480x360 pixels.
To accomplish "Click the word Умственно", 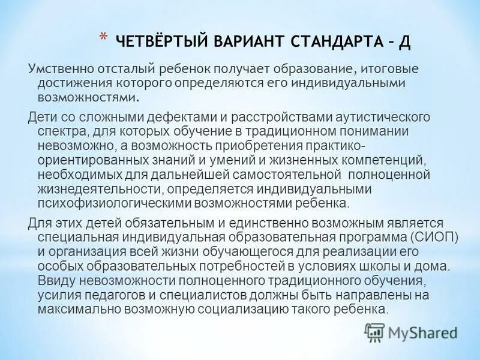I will pyautogui.click(x=56, y=70).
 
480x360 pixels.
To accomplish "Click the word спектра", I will pyautogui.click(x=59, y=131).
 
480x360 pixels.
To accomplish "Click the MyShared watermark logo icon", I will pyautogui.click(x=375, y=331).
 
